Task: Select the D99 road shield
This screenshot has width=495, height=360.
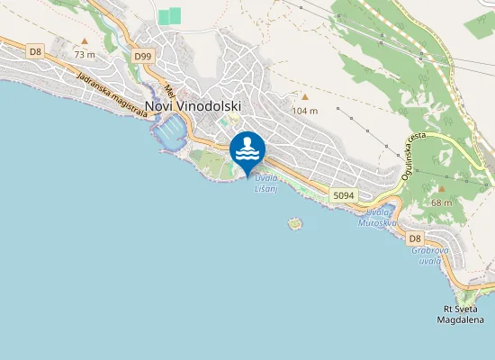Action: [142, 56]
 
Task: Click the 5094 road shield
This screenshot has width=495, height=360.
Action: [343, 194]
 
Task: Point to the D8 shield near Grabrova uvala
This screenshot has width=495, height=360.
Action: [415, 238]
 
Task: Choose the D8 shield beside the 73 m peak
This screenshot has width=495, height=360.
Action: [35, 51]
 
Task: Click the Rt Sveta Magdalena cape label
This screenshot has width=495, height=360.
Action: [460, 313]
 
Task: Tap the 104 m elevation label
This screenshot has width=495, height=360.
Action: [306, 111]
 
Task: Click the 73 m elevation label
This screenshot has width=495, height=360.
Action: [85, 55]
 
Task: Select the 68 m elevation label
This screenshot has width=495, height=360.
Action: [442, 202]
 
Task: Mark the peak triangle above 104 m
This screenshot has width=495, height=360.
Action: [305, 97]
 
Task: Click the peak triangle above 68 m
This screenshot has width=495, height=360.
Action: [441, 189]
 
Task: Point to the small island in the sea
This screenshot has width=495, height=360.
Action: [293, 221]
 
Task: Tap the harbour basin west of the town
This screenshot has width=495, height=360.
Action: [171, 134]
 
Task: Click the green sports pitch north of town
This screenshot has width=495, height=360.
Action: [169, 16]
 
